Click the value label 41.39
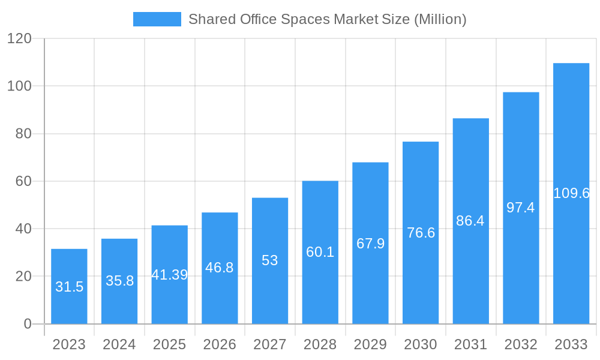point(169,275)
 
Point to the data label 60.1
point(320,252)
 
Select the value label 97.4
point(520,208)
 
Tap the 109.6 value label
point(571,193)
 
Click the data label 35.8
point(119,280)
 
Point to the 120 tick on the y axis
point(19,39)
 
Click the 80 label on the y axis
point(23,134)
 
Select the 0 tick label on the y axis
point(28,324)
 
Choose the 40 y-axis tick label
point(23,229)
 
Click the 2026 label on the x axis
point(220,344)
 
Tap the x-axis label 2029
point(370,344)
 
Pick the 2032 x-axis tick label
point(520,344)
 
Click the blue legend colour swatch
point(157,19)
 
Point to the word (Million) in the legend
point(440,19)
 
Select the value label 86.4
point(470,221)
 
